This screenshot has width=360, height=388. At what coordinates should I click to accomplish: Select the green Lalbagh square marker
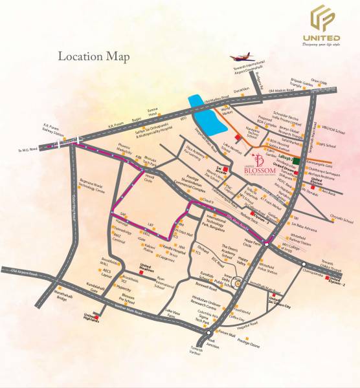[x=295, y=159]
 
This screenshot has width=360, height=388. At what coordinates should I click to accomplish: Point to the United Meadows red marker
[x=142, y=266]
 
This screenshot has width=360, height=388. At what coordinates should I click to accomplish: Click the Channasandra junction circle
[x=303, y=264]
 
